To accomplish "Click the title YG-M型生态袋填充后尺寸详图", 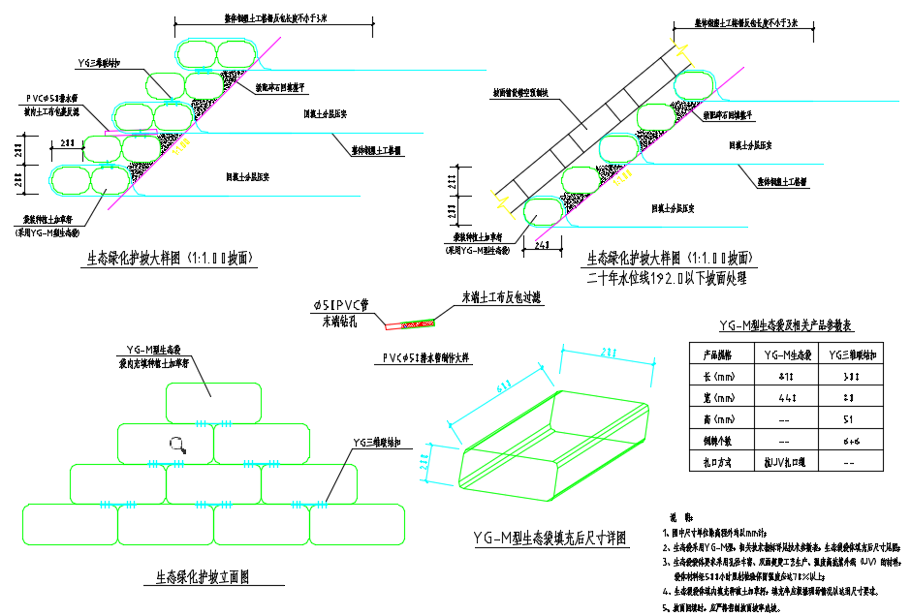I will point(550,539).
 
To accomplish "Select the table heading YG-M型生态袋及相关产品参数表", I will point(786,326).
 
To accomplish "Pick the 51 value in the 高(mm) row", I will point(849,420).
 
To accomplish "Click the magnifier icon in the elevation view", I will point(177,445).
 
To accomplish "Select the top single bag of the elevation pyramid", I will point(213,402).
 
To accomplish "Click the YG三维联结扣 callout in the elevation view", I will point(383,443).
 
